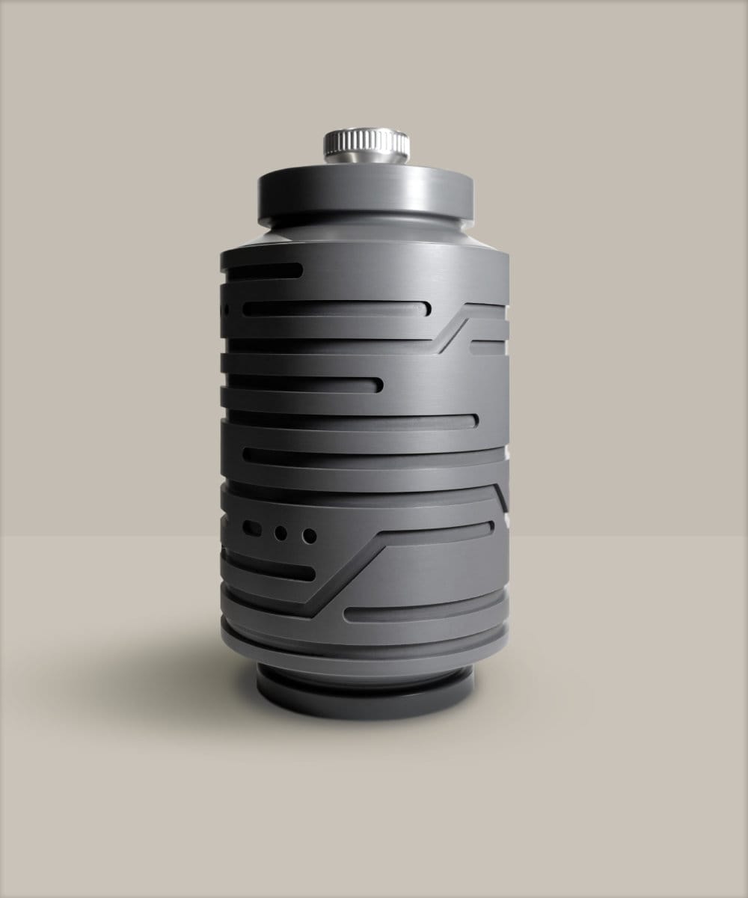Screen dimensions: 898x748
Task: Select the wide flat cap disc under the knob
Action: point(366,193)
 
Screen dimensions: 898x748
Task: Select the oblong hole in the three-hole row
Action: point(252,529)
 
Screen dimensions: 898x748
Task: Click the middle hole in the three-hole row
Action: point(281,533)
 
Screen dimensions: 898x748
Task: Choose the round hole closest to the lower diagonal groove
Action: point(309,536)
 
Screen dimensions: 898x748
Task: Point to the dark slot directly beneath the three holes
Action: point(269,569)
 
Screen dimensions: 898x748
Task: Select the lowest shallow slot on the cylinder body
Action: point(419,611)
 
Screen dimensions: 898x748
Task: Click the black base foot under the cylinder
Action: point(366,700)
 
